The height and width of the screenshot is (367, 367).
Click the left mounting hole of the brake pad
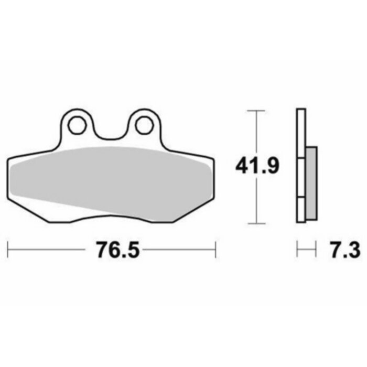click(x=77, y=125)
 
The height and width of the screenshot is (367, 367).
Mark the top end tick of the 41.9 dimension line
click(x=255, y=111)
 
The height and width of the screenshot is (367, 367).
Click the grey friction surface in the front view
click(x=110, y=178)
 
